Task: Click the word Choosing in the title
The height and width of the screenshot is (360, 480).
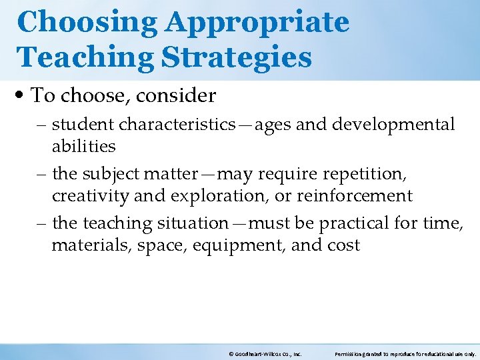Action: [87, 22]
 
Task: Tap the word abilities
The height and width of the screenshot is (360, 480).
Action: [83, 145]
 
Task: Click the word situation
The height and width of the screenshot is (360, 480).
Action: [191, 223]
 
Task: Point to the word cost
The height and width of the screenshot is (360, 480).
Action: [343, 245]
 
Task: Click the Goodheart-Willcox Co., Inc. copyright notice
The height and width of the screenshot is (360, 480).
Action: [265, 354]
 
